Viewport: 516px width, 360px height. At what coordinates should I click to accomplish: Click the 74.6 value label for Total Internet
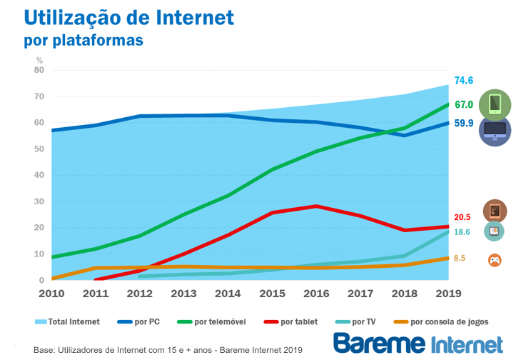(464, 81)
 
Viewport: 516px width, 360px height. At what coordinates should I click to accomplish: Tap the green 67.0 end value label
(464, 105)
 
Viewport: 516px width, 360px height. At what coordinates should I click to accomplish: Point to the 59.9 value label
(464, 123)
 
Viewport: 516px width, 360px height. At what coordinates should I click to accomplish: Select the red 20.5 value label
(462, 217)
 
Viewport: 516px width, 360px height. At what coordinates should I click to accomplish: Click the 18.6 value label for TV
(462, 232)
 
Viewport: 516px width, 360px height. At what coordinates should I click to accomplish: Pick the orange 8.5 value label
(460, 258)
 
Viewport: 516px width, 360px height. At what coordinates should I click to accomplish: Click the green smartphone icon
(495, 104)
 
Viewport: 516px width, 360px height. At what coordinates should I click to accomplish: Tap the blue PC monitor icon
(495, 130)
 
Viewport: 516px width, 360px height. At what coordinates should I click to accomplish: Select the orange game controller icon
(494, 260)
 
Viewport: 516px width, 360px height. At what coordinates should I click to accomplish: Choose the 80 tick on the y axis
(39, 70)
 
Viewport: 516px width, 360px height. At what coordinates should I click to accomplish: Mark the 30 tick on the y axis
(39, 201)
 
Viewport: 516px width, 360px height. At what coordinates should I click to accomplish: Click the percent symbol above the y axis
(39, 60)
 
